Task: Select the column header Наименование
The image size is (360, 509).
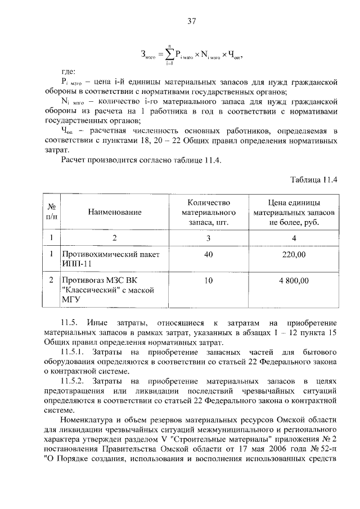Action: (114, 212)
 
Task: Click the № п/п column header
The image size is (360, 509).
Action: (51, 211)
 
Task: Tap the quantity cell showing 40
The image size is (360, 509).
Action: (208, 255)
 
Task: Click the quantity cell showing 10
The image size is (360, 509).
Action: (208, 280)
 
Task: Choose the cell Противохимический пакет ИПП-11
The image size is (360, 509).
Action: (106, 259)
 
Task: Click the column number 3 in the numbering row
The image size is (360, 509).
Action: (208, 238)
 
